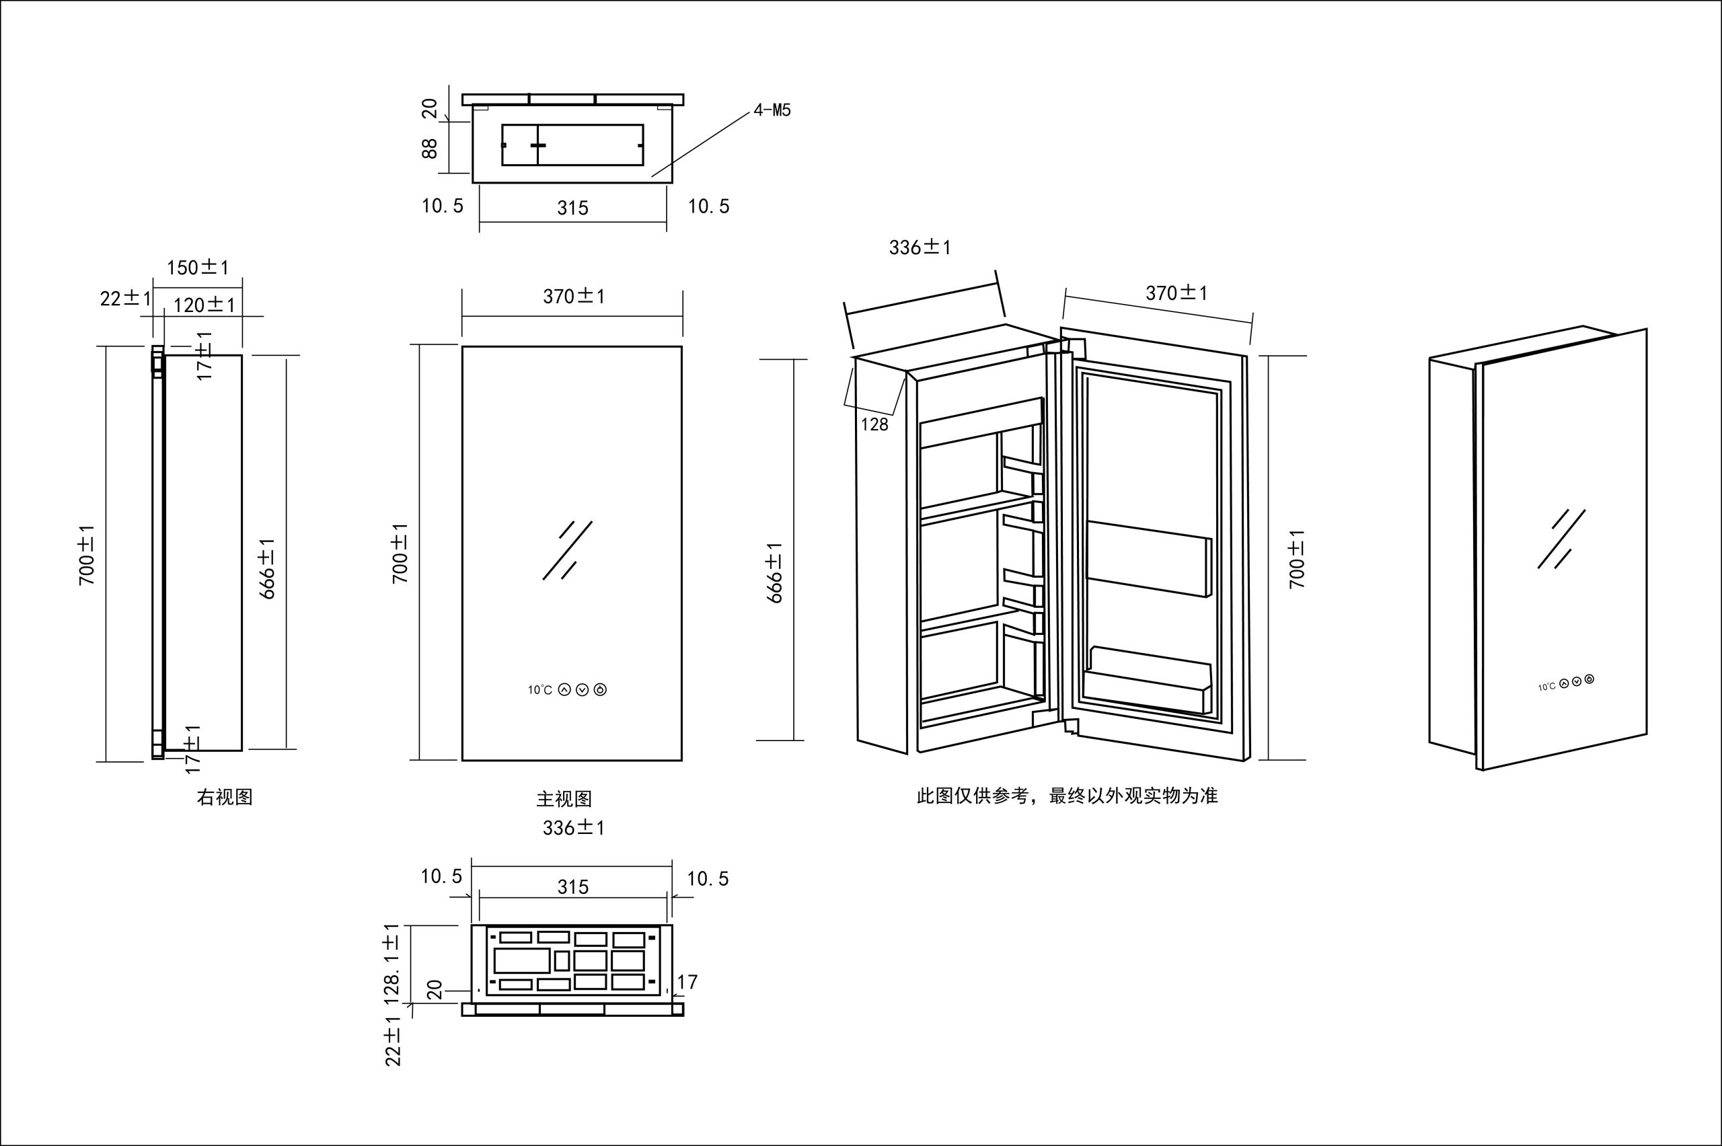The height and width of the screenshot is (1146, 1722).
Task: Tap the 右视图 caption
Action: (225, 798)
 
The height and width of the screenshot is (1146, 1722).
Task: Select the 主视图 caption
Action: (564, 799)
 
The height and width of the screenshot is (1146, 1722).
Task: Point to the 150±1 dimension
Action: (197, 268)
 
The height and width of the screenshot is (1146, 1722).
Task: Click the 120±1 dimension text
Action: (204, 305)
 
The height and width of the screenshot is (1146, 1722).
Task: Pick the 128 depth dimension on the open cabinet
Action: (874, 424)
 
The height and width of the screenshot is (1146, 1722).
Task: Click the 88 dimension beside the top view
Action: (430, 149)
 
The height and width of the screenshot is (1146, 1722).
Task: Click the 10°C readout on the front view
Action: (540, 690)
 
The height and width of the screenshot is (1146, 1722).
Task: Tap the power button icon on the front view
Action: (600, 689)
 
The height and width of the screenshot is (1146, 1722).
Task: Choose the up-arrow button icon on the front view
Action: (564, 689)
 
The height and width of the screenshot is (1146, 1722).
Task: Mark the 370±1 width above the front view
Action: (574, 296)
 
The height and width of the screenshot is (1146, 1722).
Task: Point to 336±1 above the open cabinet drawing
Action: (920, 247)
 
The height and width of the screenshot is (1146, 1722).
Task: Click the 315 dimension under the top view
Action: (572, 208)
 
